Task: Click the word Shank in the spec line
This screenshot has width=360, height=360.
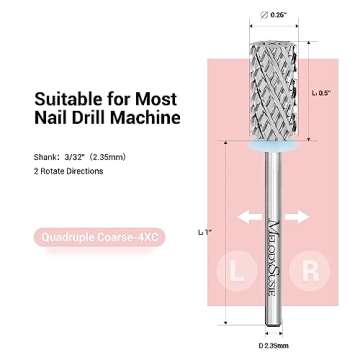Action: coord(46,155)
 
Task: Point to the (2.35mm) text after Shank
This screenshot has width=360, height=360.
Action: coord(97,155)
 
